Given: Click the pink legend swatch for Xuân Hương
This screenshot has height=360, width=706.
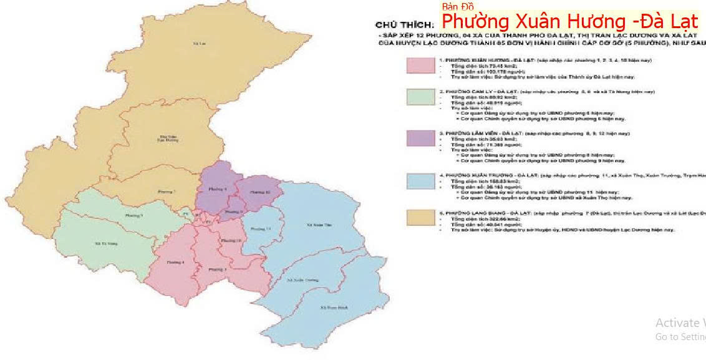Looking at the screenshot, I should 420,66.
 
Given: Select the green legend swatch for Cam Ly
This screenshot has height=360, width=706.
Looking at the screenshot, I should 420,97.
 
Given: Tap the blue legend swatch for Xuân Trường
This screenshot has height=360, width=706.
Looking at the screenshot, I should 420,180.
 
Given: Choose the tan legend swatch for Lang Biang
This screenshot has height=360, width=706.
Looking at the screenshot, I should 420,216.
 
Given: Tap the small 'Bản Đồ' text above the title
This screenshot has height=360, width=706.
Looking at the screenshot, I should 458,7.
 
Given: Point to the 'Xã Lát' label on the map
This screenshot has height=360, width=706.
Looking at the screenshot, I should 200,45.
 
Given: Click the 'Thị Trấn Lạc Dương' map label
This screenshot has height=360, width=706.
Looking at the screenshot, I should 165,139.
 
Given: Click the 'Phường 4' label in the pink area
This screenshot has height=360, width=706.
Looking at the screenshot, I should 176,263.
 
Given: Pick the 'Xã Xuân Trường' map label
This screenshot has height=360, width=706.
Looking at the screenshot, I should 297,281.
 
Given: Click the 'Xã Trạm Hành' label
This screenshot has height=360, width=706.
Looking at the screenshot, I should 332,308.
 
